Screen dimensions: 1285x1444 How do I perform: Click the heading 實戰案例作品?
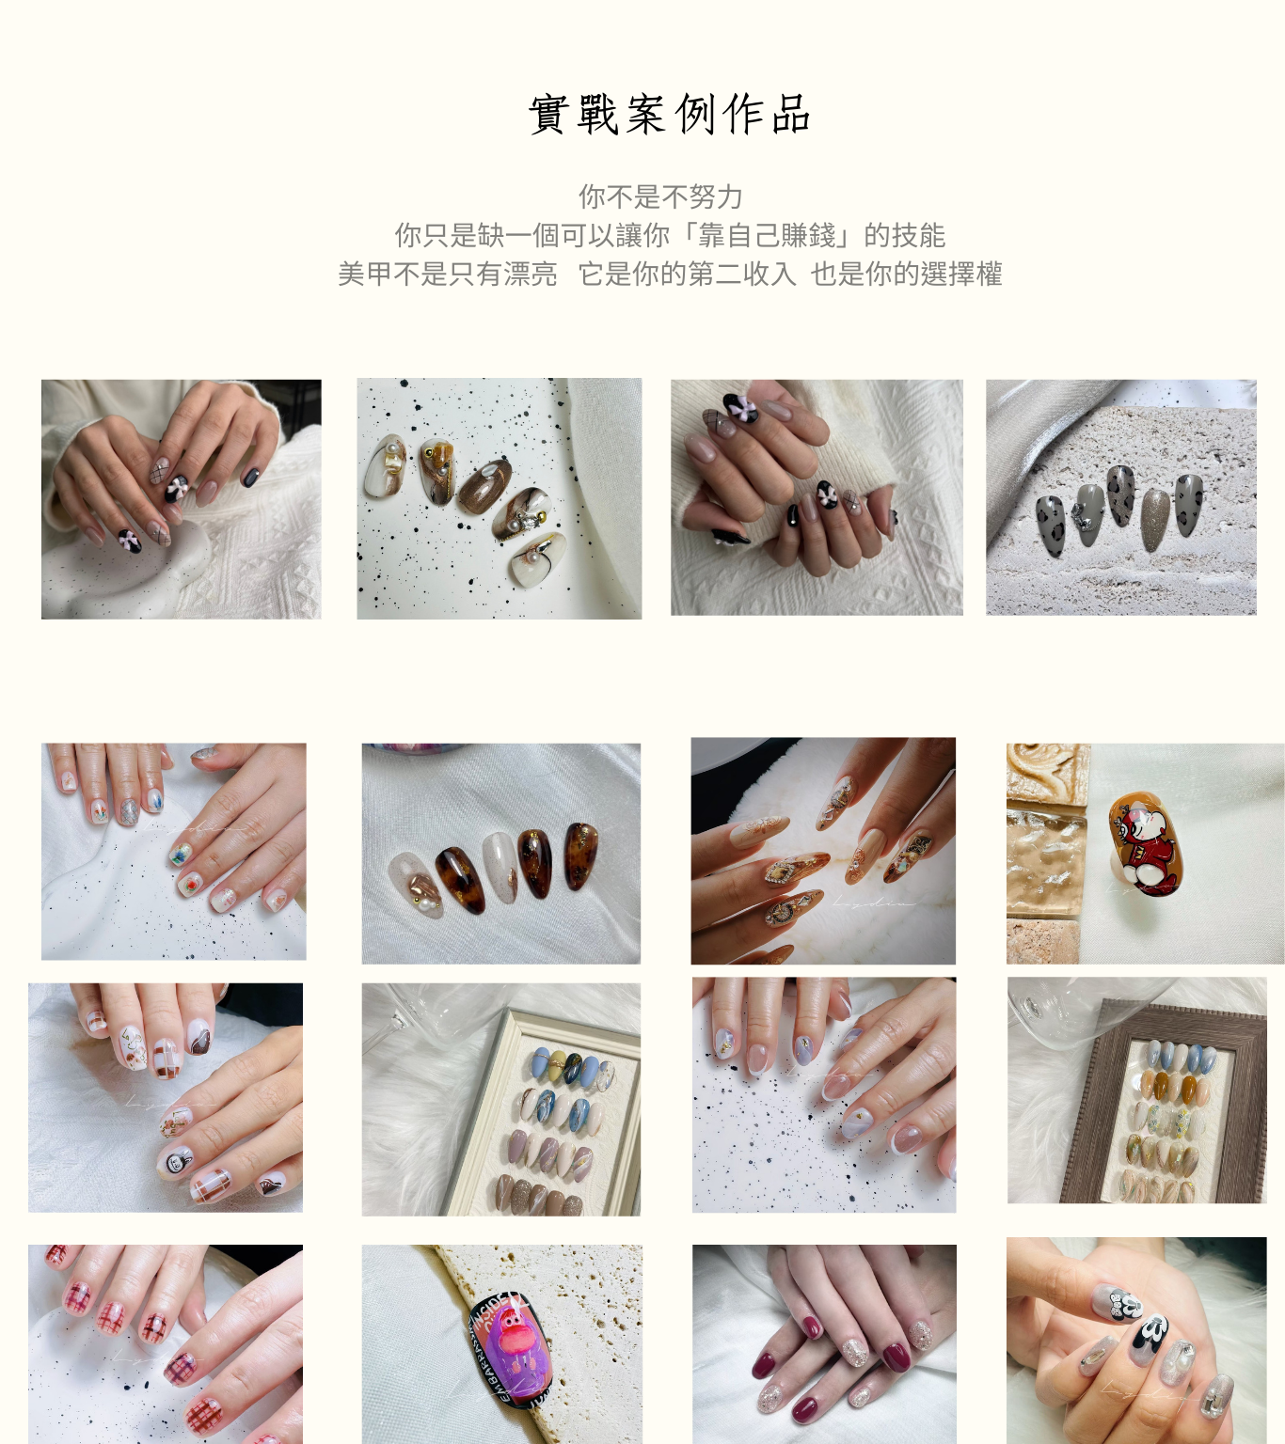pos(669,115)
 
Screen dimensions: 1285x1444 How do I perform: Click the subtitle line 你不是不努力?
pos(660,196)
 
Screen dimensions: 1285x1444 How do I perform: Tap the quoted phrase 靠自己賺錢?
pos(767,235)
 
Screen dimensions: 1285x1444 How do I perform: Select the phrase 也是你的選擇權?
pos(906,274)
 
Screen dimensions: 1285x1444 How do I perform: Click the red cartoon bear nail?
pos(1145,844)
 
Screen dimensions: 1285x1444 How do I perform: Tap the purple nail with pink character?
pos(510,1350)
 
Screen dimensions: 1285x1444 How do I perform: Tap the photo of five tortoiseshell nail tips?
pos(500,853)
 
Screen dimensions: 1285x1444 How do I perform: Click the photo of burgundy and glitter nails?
pos(824,1344)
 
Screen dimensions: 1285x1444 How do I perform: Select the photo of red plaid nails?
pos(166,1344)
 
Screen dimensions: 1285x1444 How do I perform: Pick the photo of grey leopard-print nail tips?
pos(1121,496)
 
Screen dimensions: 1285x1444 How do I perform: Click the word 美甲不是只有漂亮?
pos(447,274)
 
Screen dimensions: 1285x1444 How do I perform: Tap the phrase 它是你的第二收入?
pos(687,274)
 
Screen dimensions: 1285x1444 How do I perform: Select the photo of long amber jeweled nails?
pos(823,850)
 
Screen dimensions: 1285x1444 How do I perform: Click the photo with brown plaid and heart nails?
pos(166,1098)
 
